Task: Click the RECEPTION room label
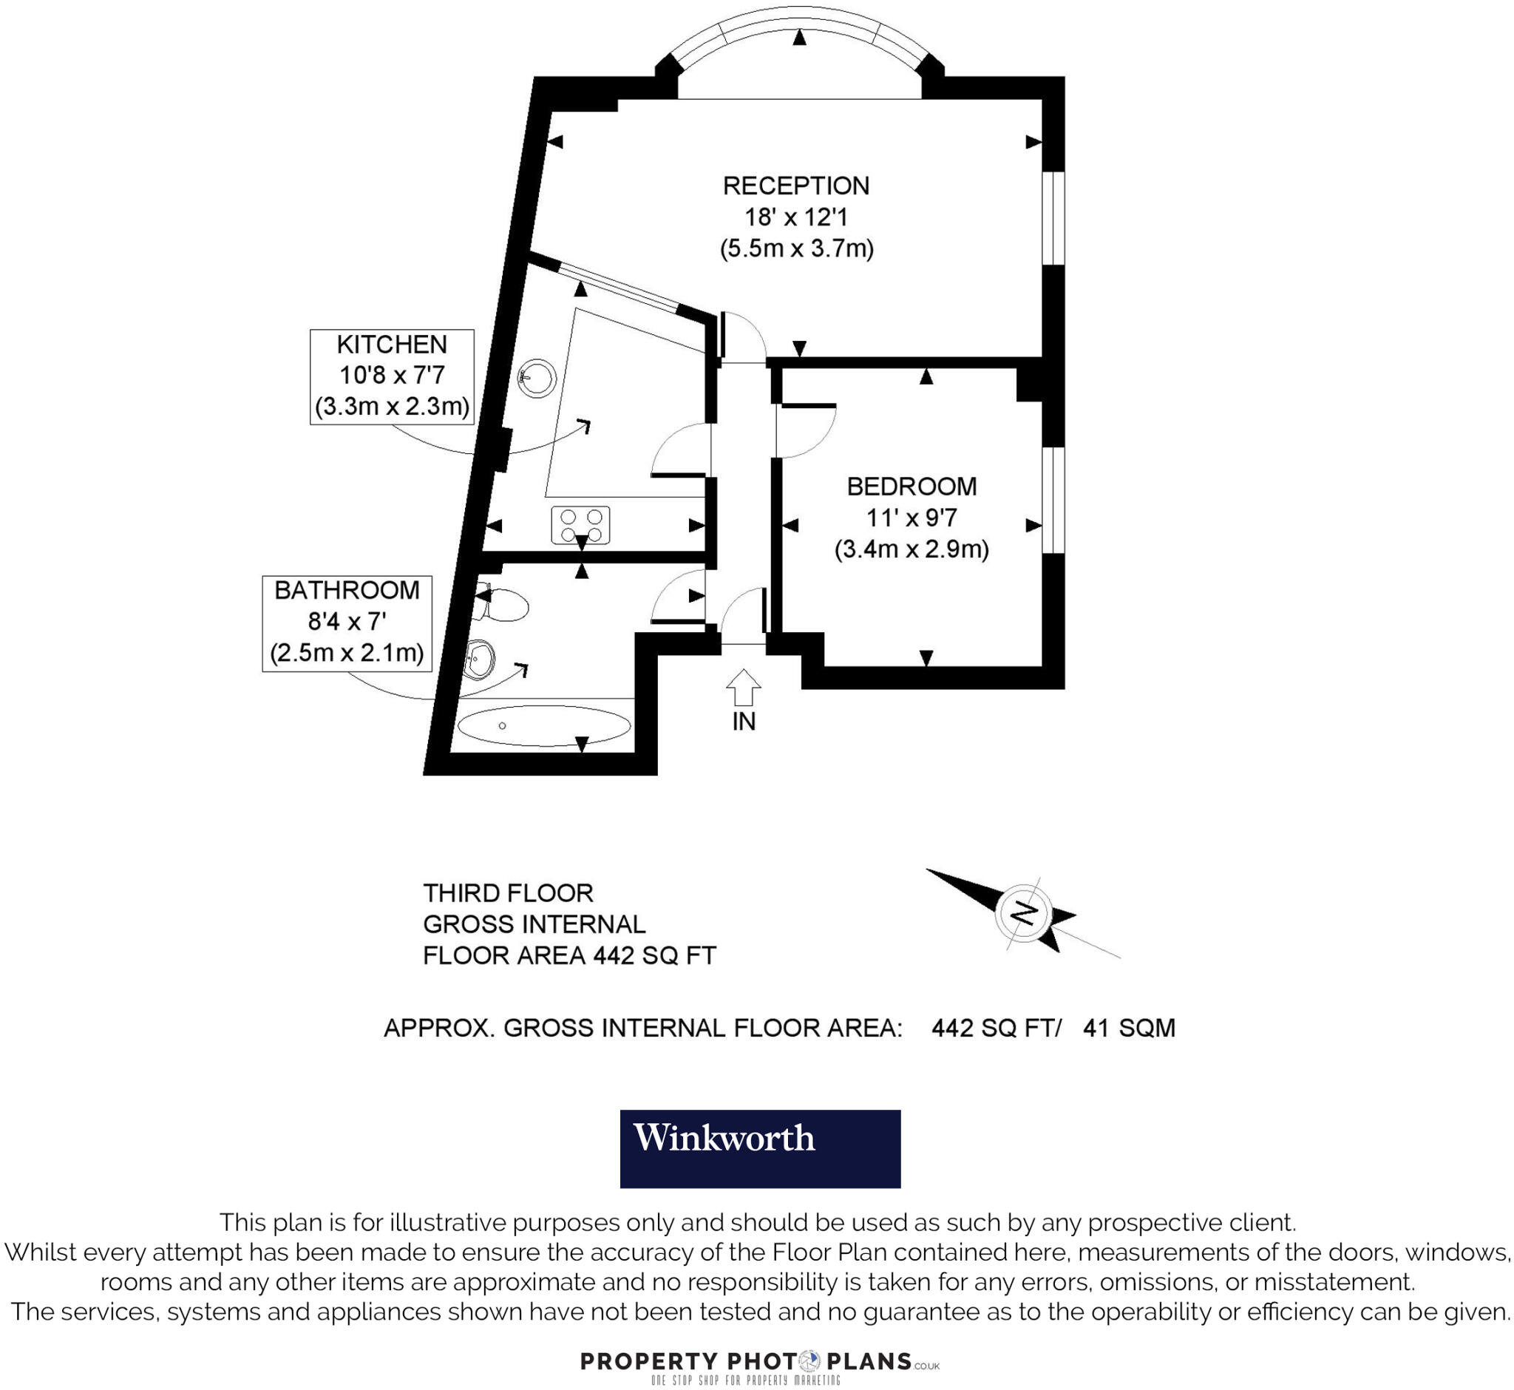tap(795, 186)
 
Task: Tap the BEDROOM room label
tap(912, 486)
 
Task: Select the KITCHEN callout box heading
tap(392, 345)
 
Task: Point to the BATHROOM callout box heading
tap(347, 591)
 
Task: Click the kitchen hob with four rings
tap(580, 525)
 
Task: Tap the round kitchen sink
tap(537, 378)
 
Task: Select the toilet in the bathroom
tap(506, 605)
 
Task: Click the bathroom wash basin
tap(478, 660)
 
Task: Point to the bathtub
tap(544, 726)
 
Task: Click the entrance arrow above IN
tap(743, 687)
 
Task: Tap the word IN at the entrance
tap(744, 722)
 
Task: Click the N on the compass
tap(1023, 913)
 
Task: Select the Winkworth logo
tap(760, 1148)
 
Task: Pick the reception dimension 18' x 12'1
tap(795, 217)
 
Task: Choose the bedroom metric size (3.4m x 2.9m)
tap(912, 549)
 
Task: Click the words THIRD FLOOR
tap(508, 893)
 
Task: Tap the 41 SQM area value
tap(1128, 1028)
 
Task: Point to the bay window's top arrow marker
tap(799, 37)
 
